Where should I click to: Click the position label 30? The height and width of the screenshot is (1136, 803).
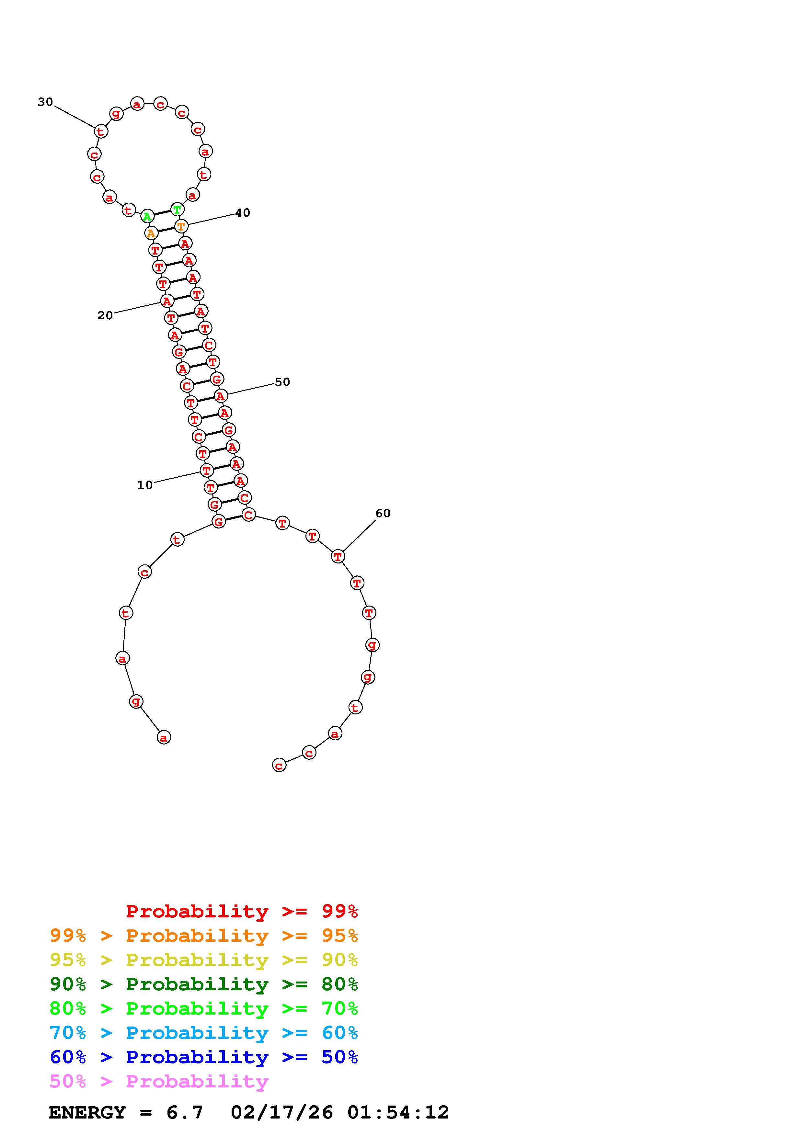coord(46,102)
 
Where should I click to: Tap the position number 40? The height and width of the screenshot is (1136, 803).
coord(242,213)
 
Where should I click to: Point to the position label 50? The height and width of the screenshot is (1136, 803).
coord(282,382)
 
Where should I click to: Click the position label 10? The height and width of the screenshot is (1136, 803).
coord(145,485)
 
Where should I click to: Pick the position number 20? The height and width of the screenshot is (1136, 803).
coord(105,315)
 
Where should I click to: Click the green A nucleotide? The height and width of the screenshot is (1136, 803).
coord(147,216)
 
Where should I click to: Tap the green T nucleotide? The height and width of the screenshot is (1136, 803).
coord(177,209)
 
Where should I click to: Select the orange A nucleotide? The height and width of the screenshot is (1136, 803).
coord(151,233)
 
